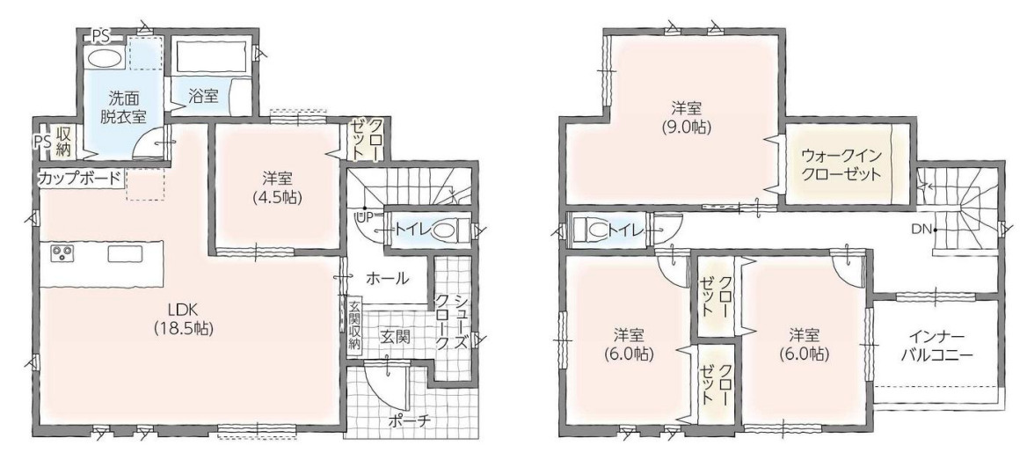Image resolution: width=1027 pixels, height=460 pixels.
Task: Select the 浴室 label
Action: (203, 97)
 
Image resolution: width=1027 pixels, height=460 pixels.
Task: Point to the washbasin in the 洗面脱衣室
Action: (106, 58)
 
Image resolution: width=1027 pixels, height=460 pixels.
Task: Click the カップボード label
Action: (80, 178)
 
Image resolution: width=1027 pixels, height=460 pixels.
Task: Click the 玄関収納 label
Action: (354, 325)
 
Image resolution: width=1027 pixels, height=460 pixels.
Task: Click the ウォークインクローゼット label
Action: (841, 165)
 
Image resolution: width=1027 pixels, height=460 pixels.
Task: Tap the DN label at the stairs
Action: (923, 230)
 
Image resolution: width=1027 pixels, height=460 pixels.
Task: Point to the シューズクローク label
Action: (453, 321)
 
